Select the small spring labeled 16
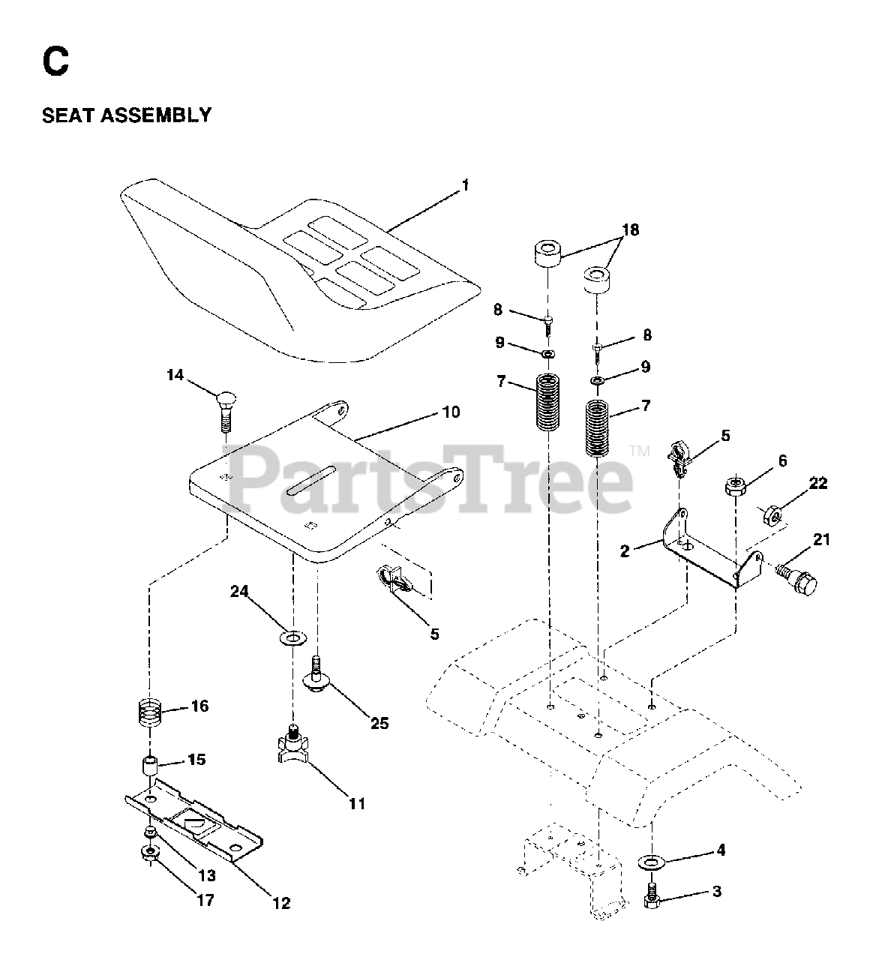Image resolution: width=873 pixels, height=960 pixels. tap(152, 710)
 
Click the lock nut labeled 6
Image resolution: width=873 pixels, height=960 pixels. tap(736, 487)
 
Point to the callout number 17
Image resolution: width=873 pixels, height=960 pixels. tap(205, 900)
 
